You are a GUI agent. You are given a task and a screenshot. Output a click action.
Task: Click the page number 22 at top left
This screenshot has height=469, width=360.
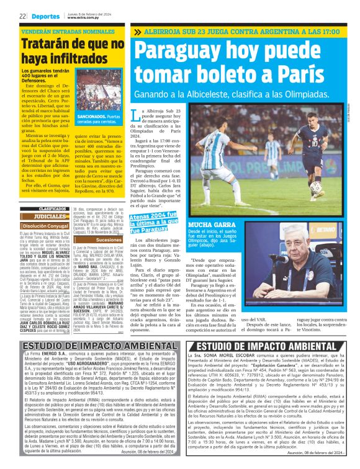point(22,16)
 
